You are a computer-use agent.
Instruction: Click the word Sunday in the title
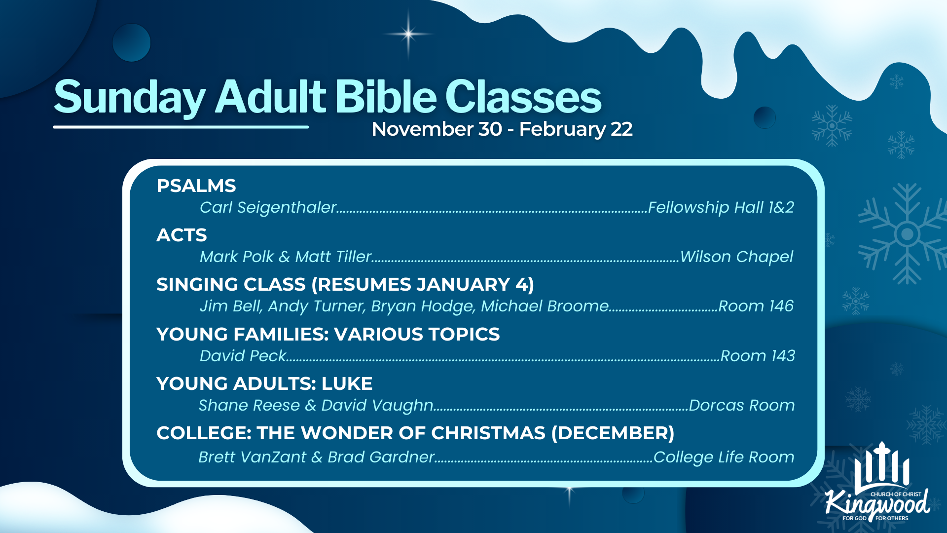[130, 98]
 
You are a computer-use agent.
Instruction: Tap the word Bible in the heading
[386, 96]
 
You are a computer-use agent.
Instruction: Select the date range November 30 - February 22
[502, 129]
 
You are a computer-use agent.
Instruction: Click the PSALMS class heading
[196, 186]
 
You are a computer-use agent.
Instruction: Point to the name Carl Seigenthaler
[268, 208]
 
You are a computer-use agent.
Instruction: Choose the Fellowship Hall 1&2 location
[721, 208]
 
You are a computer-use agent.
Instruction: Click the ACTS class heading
[182, 235]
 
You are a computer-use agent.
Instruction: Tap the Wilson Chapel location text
[737, 257]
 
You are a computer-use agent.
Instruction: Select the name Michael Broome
[545, 306]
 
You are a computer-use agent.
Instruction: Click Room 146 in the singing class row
[756, 306]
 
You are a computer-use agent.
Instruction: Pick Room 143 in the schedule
[758, 356]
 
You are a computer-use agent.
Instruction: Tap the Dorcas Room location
[742, 405]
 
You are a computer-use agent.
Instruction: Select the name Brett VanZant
[252, 457]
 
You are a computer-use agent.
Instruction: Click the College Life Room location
[724, 457]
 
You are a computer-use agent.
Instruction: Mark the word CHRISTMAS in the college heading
[488, 433]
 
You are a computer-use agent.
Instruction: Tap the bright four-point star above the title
[408, 34]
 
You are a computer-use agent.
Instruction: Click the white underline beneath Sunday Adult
[181, 127]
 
